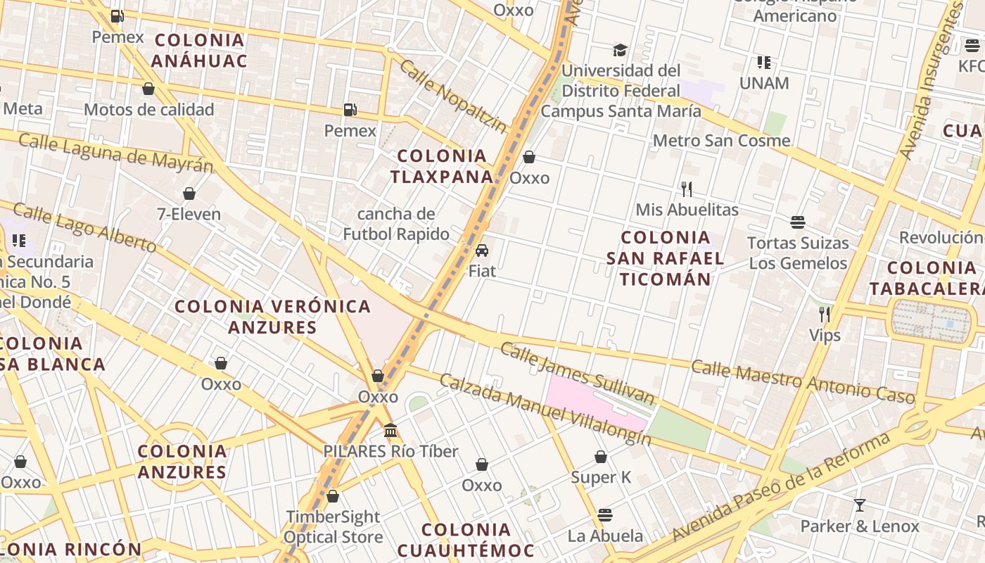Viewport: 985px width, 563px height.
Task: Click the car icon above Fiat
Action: (x=482, y=250)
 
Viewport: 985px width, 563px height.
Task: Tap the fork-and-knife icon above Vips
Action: (x=825, y=314)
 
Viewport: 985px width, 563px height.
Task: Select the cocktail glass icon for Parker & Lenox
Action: (x=859, y=505)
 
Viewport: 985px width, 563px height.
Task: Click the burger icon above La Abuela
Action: (x=605, y=514)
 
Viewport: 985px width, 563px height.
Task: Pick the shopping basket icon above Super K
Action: (x=601, y=457)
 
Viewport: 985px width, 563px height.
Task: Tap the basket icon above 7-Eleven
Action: (x=189, y=194)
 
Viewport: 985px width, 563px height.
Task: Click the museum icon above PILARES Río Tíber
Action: (x=390, y=430)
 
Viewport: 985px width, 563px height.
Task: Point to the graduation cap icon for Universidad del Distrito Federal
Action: (x=620, y=50)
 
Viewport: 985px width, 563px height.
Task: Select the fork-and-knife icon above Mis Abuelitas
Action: (x=687, y=189)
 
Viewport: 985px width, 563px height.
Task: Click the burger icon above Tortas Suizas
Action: (x=797, y=222)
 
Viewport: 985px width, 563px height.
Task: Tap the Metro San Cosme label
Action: (x=721, y=141)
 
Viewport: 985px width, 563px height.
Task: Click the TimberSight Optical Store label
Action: (x=333, y=526)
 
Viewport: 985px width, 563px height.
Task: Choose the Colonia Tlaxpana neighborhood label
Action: (x=442, y=166)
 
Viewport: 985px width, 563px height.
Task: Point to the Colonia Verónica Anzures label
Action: (x=272, y=317)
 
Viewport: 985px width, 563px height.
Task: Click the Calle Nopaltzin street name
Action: (x=452, y=96)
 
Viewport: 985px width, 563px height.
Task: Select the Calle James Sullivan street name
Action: (x=578, y=374)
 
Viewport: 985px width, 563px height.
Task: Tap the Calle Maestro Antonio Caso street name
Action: (x=802, y=382)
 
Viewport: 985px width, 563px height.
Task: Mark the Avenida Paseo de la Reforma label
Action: (x=781, y=488)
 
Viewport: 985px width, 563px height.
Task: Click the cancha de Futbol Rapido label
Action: (x=396, y=224)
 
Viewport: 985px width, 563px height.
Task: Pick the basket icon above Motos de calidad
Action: (x=148, y=89)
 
